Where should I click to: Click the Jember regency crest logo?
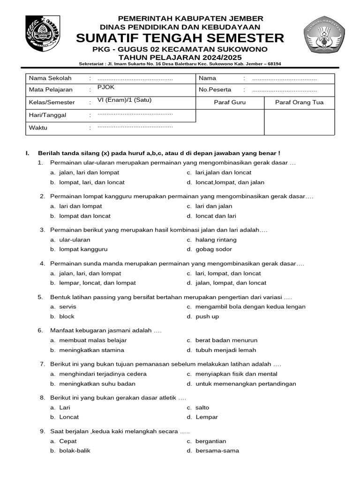click(43, 35)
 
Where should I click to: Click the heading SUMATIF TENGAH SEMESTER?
click(180, 38)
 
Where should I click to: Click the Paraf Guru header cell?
click(230, 103)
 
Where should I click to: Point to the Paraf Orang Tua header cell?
click(299, 103)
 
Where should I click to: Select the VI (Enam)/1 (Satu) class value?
click(125, 100)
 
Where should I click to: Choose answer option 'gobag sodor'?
click(214, 249)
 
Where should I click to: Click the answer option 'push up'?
click(207, 316)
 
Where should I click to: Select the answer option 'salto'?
click(202, 408)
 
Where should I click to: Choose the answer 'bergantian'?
click(211, 441)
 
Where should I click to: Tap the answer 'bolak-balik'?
click(75, 451)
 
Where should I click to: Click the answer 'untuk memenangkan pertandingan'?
click(246, 384)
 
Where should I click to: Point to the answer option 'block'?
click(67, 316)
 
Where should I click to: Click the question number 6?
click(41, 330)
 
